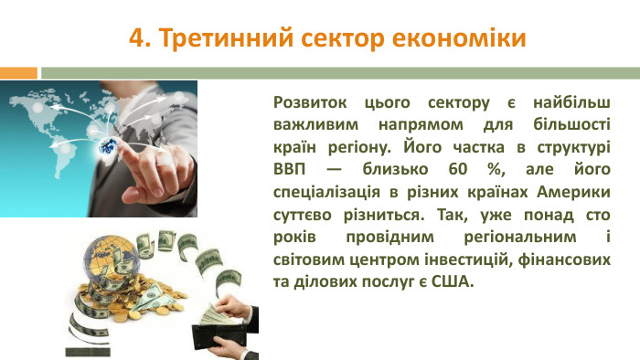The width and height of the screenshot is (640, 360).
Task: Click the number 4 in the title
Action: pyautogui.click(x=136, y=38)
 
